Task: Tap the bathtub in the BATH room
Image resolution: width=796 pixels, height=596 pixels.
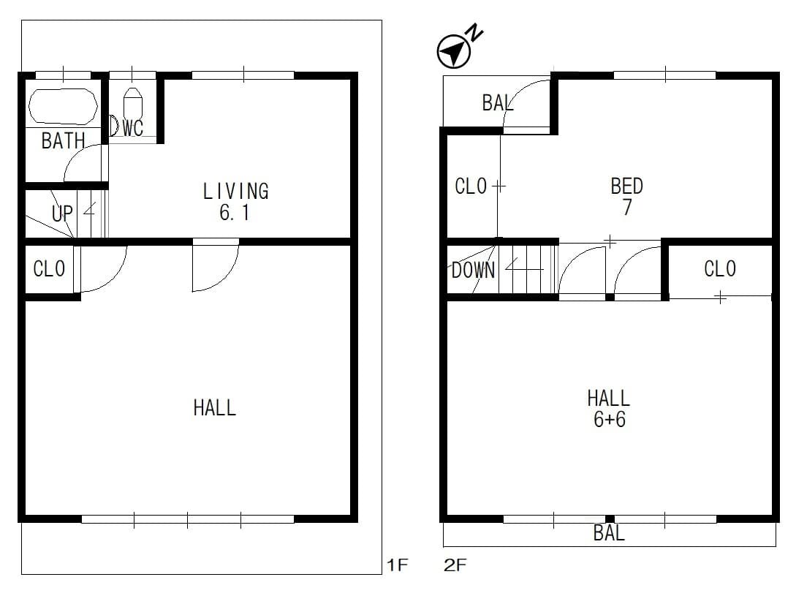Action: (63, 106)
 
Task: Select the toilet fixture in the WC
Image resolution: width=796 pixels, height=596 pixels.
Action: (133, 104)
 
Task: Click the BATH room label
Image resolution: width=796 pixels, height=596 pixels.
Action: (63, 140)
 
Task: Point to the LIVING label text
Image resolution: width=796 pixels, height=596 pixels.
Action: (235, 191)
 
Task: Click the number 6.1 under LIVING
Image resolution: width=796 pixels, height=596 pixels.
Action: (234, 213)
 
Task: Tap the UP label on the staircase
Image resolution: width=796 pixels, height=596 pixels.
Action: (62, 214)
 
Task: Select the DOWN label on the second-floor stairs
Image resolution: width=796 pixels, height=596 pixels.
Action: (473, 271)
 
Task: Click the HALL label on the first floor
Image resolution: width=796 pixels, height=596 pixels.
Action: (215, 407)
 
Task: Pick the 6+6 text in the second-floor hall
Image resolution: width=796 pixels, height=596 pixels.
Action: (609, 419)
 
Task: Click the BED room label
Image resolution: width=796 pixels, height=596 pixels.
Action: (627, 186)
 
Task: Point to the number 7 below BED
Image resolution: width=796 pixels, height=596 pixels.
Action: (627, 207)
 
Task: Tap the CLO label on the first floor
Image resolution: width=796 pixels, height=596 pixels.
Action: (49, 269)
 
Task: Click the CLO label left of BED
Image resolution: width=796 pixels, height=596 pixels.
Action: (471, 186)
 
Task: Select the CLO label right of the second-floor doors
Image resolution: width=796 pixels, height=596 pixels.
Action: (720, 269)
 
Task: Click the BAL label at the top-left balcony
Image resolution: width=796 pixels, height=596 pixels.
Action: (498, 103)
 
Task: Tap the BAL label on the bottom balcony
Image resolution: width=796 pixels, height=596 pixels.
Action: (609, 533)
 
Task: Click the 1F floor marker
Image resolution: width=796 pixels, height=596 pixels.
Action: (398, 565)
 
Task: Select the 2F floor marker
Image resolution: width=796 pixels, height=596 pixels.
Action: (455, 565)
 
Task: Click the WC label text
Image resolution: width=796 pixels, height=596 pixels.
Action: (133, 128)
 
